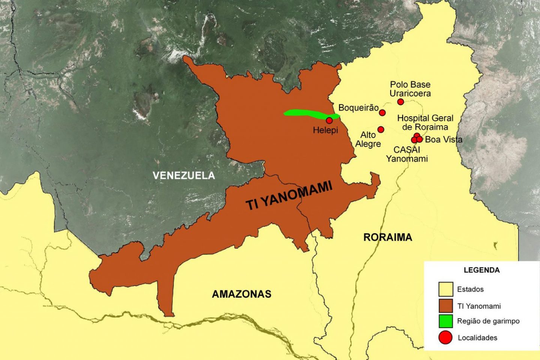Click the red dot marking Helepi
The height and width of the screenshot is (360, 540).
click(x=329, y=120)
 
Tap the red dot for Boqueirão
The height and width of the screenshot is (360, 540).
click(x=382, y=112)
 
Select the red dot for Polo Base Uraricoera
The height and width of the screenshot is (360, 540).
click(x=400, y=102)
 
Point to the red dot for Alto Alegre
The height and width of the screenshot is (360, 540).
click(x=381, y=129)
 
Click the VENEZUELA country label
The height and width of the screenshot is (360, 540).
click(x=184, y=175)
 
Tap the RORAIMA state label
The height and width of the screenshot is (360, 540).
click(x=388, y=237)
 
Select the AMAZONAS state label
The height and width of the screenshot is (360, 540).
click(x=241, y=294)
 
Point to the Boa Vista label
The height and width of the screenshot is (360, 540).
click(x=444, y=139)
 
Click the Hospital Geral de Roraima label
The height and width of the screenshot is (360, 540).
click(x=425, y=123)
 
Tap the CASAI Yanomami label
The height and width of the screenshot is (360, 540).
click(x=407, y=154)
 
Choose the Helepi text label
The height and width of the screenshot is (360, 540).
click(x=325, y=130)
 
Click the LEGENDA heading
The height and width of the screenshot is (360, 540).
click(x=481, y=270)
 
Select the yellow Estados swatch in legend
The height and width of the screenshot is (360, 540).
click(x=445, y=289)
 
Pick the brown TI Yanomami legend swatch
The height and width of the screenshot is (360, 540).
click(x=445, y=306)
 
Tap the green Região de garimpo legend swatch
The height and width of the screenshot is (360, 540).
click(x=445, y=321)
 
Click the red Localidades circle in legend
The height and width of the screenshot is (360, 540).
click(x=445, y=337)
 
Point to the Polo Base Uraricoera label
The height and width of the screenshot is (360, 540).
click(x=410, y=89)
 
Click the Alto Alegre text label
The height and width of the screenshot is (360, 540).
click(x=368, y=139)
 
